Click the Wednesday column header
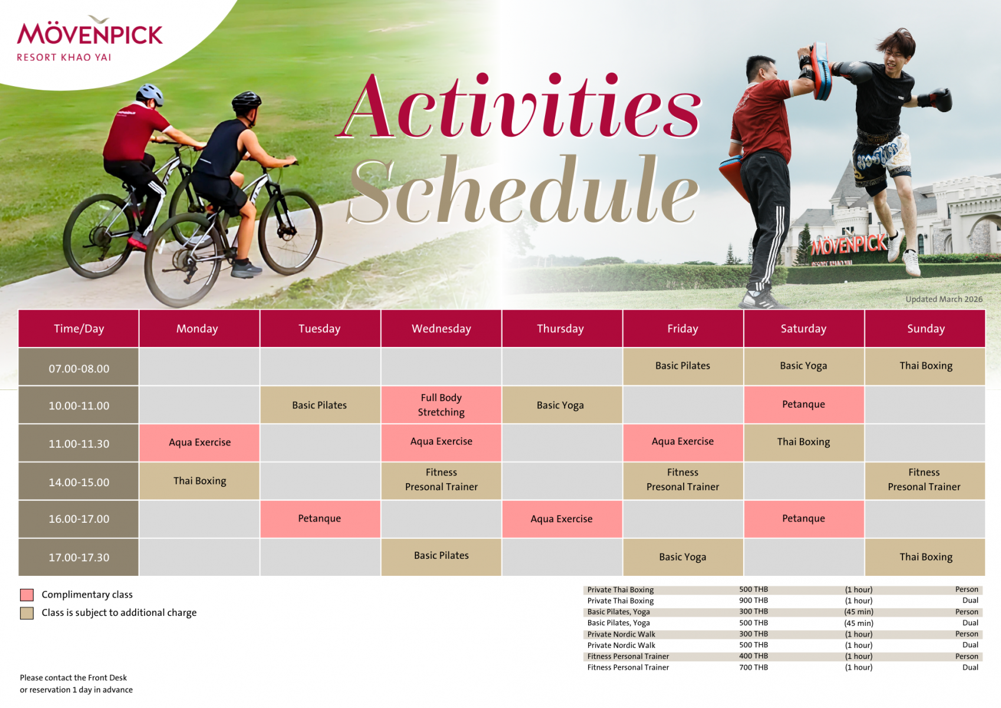(441, 329)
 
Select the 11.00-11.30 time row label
(78, 444)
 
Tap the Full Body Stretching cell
(441, 405)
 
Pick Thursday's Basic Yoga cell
(562, 405)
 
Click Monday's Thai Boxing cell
(199, 481)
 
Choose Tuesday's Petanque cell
(320, 519)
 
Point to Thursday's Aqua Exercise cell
(562, 519)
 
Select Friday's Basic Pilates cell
(683, 366)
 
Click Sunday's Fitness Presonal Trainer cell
(924, 481)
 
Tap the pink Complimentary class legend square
(27, 595)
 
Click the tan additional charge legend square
(27, 613)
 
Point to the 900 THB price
(753, 600)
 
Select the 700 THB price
(753, 667)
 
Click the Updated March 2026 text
(944, 299)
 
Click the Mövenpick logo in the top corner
(90, 38)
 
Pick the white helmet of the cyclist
(150, 94)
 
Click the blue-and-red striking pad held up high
(819, 70)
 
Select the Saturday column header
(803, 329)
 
